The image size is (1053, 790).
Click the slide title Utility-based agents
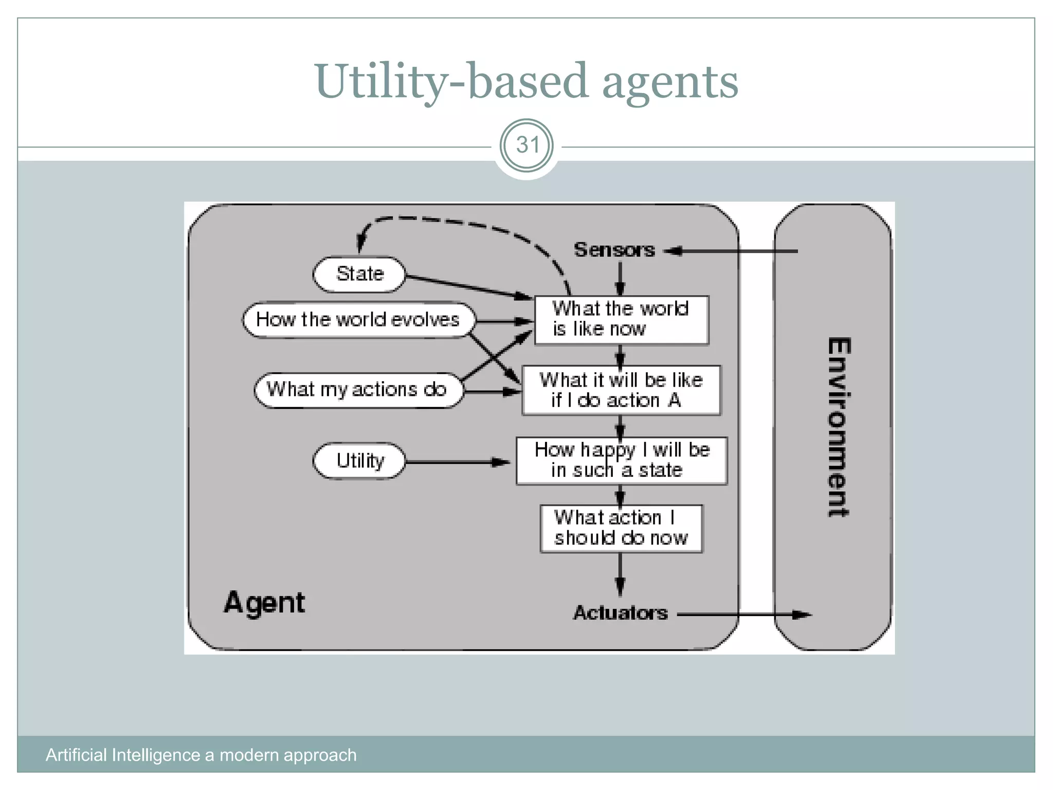click(x=526, y=81)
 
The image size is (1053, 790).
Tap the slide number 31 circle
click(x=526, y=146)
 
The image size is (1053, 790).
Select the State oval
click(x=359, y=274)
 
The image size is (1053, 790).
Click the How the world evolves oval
click(x=358, y=320)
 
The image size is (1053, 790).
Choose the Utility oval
click(x=359, y=461)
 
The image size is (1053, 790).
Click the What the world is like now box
click(x=621, y=319)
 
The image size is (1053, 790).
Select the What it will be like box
click(x=621, y=390)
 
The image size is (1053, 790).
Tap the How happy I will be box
click(x=621, y=460)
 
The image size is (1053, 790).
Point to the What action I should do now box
click(x=621, y=528)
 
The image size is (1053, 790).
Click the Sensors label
click(x=614, y=250)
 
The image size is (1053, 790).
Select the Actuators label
click(x=620, y=613)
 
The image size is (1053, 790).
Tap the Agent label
click(x=264, y=603)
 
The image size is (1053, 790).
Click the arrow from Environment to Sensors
click(x=735, y=251)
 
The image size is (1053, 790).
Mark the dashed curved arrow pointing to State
click(x=463, y=222)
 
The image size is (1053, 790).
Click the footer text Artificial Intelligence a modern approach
click(x=201, y=755)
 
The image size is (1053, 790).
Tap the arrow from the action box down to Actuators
click(x=620, y=574)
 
